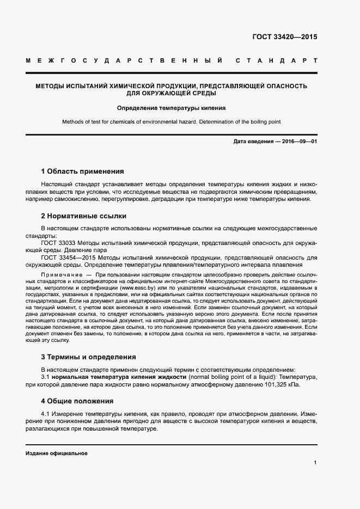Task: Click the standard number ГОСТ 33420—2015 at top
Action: click(285, 38)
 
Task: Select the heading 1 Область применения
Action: click(83, 171)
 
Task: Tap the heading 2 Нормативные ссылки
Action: click(84, 216)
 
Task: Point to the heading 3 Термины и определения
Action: click(89, 357)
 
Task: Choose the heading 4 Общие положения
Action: click(77, 401)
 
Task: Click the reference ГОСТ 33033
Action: click(59, 242)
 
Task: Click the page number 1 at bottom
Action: click(315, 463)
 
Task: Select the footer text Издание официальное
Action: click(57, 453)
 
